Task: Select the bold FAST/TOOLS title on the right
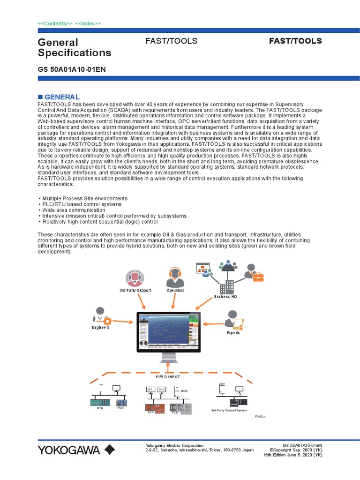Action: (295, 41)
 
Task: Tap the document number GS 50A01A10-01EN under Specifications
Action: (72, 69)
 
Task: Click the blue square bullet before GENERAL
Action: (40, 97)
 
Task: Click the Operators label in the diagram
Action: (175, 291)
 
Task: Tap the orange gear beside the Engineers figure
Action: (107, 321)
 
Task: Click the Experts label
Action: (233, 333)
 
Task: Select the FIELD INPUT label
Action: (168, 377)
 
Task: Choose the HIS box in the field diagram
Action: (150, 390)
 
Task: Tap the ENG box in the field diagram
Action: (161, 390)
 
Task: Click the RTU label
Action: (99, 408)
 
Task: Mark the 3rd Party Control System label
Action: (229, 411)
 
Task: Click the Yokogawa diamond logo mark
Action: (110, 450)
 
